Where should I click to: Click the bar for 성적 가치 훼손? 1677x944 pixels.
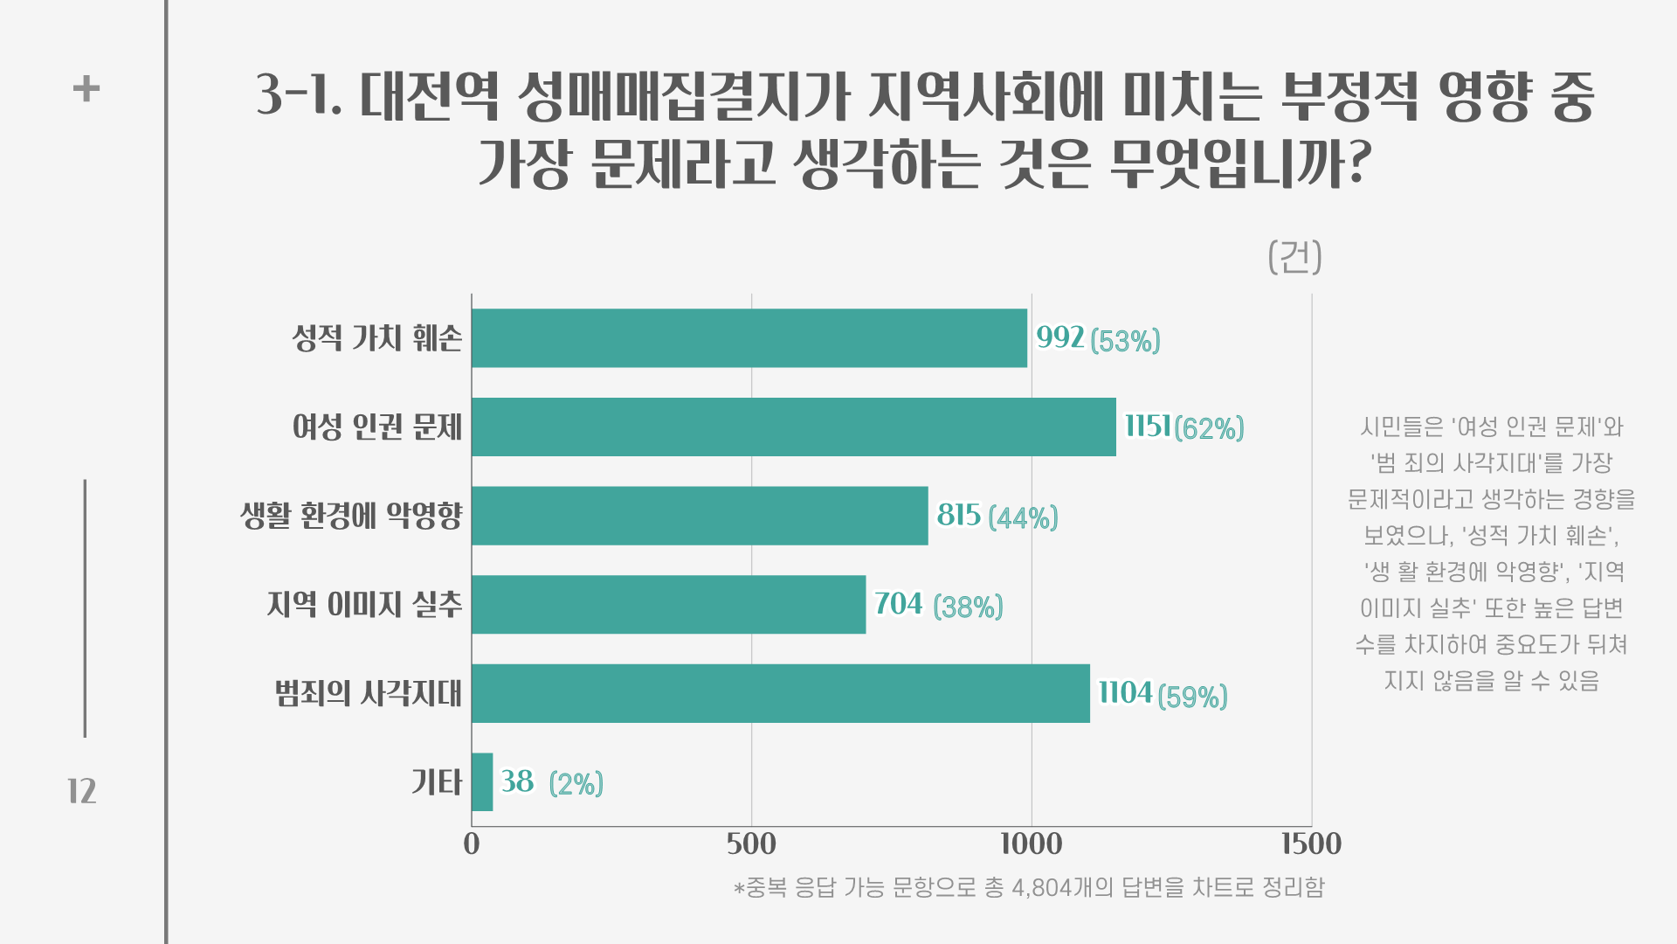click(749, 338)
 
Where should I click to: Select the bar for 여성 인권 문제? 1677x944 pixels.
click(793, 427)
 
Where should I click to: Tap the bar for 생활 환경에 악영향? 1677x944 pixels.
click(699, 516)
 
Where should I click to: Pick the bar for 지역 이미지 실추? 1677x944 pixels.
click(668, 605)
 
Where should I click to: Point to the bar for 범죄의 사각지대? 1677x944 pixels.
click(780, 694)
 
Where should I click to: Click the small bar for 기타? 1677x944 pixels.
click(482, 782)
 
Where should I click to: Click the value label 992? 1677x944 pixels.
click(1059, 337)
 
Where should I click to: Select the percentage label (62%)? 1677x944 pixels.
click(1209, 428)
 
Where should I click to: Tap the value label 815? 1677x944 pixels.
click(958, 516)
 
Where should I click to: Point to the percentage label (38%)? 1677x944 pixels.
click(968, 607)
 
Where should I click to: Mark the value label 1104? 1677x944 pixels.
click(1125, 693)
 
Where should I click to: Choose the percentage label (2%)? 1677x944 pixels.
click(576, 784)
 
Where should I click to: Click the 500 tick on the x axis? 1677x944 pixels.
click(751, 844)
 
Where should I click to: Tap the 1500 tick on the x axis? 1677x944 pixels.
click(1311, 844)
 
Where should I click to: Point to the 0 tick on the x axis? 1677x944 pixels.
click(472, 844)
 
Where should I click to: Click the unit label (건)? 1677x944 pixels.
click(1294, 257)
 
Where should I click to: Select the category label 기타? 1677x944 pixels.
click(436, 782)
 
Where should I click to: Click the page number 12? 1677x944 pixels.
click(82, 792)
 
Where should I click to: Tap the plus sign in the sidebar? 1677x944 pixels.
click(86, 88)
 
